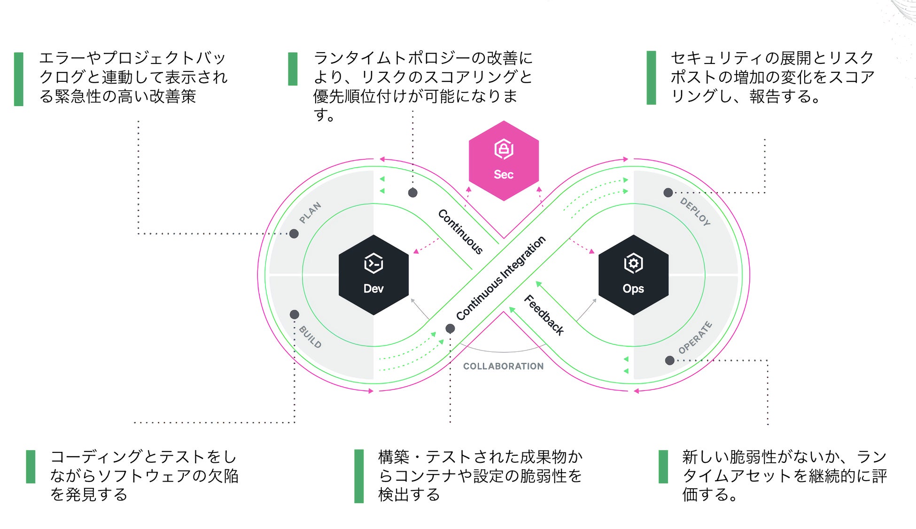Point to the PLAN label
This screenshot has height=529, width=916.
point(311,212)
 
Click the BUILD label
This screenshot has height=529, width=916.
point(310,337)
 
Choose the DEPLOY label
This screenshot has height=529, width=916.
point(695,211)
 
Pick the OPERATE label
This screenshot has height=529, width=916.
point(695,337)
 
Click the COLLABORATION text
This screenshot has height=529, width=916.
point(503,366)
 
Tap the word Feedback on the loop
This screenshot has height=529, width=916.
point(544,315)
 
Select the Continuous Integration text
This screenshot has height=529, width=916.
point(501,278)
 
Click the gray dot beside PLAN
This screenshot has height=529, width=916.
point(294,233)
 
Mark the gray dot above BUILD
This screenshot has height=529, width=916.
point(295,314)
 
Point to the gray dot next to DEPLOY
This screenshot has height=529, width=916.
point(668,193)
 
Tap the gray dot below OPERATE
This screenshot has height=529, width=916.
point(670,360)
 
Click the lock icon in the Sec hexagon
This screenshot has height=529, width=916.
point(504,149)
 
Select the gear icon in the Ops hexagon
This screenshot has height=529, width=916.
point(633,263)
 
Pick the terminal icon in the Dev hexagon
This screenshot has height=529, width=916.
point(373,264)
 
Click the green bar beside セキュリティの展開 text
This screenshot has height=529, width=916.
point(651,78)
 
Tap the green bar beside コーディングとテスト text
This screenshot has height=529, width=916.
point(31,467)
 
